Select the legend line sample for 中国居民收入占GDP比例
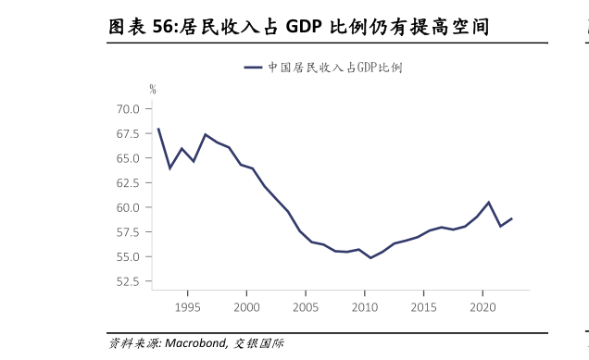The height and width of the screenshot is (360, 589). coord(255,68)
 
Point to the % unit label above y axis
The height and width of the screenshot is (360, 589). coord(153,90)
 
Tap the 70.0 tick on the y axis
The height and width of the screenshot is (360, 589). coord(128,109)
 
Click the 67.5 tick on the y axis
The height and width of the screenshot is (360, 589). coord(128,133)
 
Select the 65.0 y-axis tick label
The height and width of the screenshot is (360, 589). coord(128,158)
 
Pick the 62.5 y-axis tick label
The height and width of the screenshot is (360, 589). coord(128,182)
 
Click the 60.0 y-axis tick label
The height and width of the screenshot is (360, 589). coord(128,207)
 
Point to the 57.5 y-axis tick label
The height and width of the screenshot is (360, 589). coord(128,231)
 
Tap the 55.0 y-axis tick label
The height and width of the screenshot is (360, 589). coord(128,256)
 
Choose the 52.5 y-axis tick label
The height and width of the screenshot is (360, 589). coord(128,280)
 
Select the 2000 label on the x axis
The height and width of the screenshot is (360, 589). coord(246,307)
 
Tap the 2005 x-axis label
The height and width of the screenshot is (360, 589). coord(306,307)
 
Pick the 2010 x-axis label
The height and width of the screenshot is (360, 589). coord(364,307)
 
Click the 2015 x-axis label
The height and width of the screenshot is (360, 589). coord(423,307)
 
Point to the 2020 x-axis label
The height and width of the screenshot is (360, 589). coord(482,307)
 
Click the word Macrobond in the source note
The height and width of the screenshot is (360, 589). coord(195,343)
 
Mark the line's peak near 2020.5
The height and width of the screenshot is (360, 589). coord(488,202)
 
